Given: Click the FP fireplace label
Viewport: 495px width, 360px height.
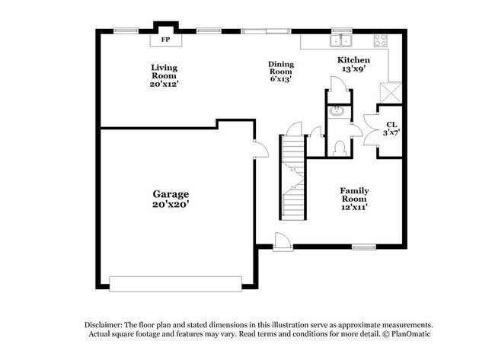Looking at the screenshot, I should point(164,38).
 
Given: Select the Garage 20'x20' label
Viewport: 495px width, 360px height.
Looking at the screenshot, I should point(170,199).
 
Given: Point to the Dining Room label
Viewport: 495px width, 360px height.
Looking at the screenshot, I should point(280,71).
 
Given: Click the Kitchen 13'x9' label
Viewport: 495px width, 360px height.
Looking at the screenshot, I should point(354,65).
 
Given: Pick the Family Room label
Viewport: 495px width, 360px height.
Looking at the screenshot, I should point(354,199).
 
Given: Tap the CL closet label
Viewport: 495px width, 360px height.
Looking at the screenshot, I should point(391,128).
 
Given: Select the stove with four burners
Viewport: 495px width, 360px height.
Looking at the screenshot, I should point(379,40).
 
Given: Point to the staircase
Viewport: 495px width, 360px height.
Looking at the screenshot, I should point(292,175).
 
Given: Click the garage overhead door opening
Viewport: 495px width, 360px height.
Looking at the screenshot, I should point(175,282).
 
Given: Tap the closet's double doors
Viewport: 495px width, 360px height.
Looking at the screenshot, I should point(371,130).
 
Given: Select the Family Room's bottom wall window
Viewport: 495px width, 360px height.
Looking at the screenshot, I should point(363,246).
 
